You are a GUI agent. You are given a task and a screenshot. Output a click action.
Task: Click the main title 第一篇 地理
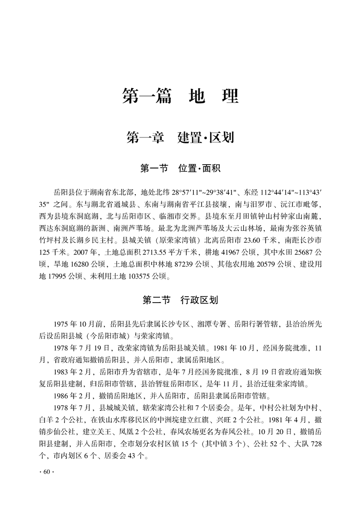(180, 96)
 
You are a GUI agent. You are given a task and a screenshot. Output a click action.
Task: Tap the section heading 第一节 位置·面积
(180, 169)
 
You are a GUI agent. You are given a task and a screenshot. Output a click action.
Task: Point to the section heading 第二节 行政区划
(180, 300)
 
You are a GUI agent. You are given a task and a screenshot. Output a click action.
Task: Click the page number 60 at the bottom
(47, 472)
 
